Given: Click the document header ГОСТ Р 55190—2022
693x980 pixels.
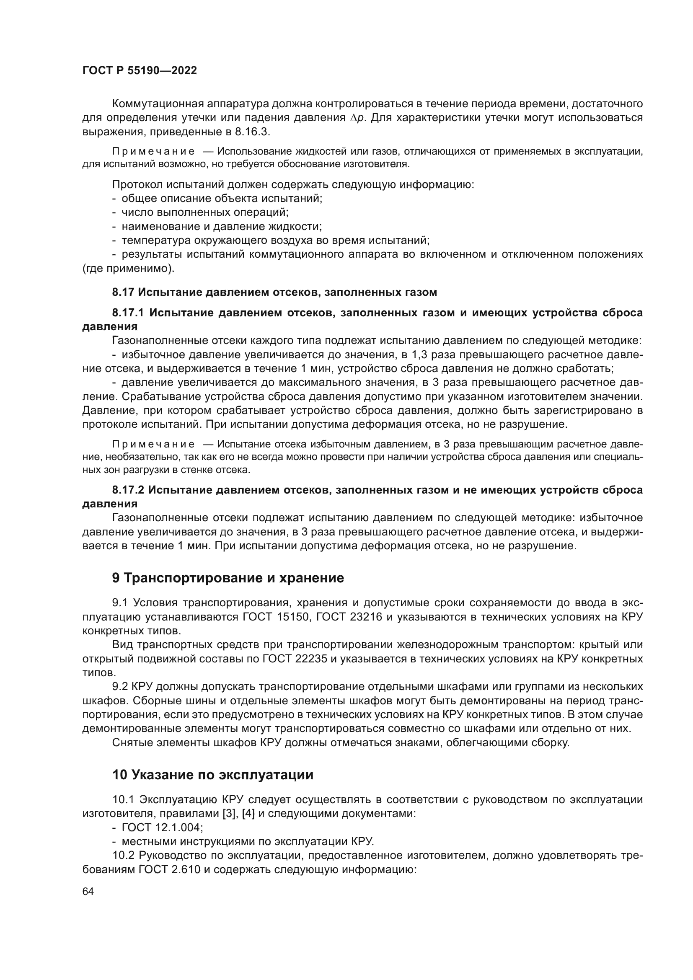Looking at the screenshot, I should point(140,71).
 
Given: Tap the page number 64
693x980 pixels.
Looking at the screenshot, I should point(88,892).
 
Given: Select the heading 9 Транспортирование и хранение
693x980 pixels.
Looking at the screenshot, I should point(228,578).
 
